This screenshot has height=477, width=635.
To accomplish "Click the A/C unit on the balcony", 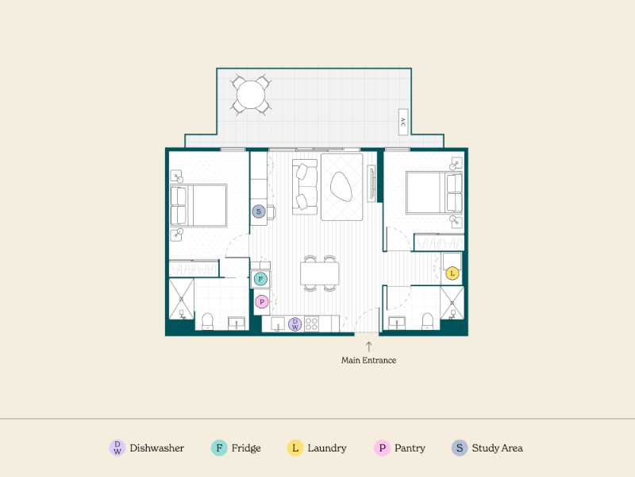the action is point(403,122).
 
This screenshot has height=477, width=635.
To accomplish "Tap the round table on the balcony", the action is point(251,95).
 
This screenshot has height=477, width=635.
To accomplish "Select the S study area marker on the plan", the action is point(259,211).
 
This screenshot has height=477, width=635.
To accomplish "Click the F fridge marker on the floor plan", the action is point(260,279).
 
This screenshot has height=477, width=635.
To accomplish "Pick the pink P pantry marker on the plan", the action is point(262,302).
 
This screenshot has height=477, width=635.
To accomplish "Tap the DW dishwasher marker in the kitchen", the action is point(294,324).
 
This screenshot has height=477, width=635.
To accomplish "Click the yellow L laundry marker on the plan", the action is point(452,273).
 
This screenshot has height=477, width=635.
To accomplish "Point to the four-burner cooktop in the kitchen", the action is point(311,324).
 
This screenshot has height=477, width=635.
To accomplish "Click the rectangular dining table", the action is point(320,273).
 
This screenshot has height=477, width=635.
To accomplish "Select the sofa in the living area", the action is point(305,187).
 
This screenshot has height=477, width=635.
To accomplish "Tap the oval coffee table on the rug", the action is point(341,186).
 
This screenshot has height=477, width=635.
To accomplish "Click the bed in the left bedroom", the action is point(198,205).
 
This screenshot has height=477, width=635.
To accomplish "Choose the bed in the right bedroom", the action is point(434,192).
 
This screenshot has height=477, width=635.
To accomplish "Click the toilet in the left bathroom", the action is point(207,322).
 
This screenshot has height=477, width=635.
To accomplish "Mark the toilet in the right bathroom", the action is point(427,322).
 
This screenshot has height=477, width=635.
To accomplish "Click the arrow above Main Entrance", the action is point(368,347).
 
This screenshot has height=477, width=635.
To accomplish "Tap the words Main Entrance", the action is point(368,360).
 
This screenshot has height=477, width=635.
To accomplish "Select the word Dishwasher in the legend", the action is point(156,448).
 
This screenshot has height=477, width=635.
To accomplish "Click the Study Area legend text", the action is point(498,448).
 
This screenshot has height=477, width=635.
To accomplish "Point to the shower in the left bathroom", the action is point(181,299).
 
